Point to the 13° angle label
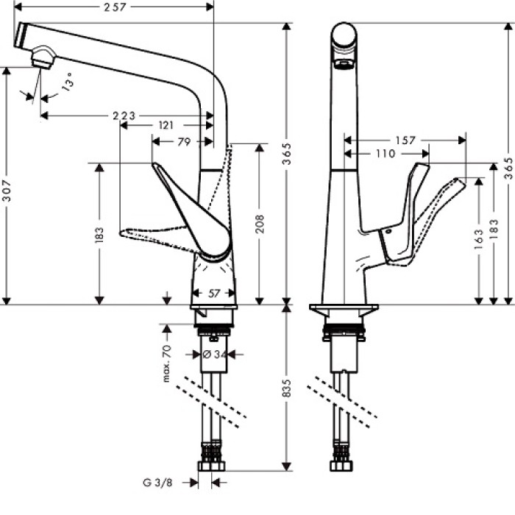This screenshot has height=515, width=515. (x=68, y=80)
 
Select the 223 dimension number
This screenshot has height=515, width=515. (x=123, y=116)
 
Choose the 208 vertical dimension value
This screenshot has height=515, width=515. (x=260, y=219)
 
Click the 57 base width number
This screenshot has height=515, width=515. (x=214, y=293)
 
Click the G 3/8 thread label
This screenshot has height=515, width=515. (x=160, y=483)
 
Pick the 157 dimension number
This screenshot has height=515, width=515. (x=405, y=140)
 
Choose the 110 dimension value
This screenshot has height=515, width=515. (x=383, y=154)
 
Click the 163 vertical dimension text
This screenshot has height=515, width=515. (x=480, y=238)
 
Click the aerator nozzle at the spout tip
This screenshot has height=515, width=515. (x=43, y=58)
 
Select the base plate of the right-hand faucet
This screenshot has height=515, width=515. (x=344, y=310)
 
